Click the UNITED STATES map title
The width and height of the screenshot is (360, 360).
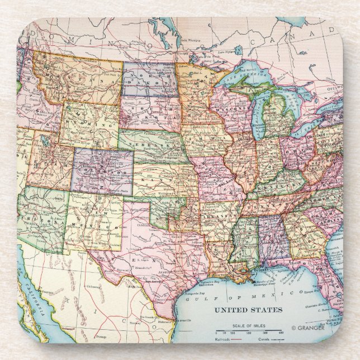(249, 310)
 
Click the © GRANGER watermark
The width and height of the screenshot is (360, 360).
(307, 328)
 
